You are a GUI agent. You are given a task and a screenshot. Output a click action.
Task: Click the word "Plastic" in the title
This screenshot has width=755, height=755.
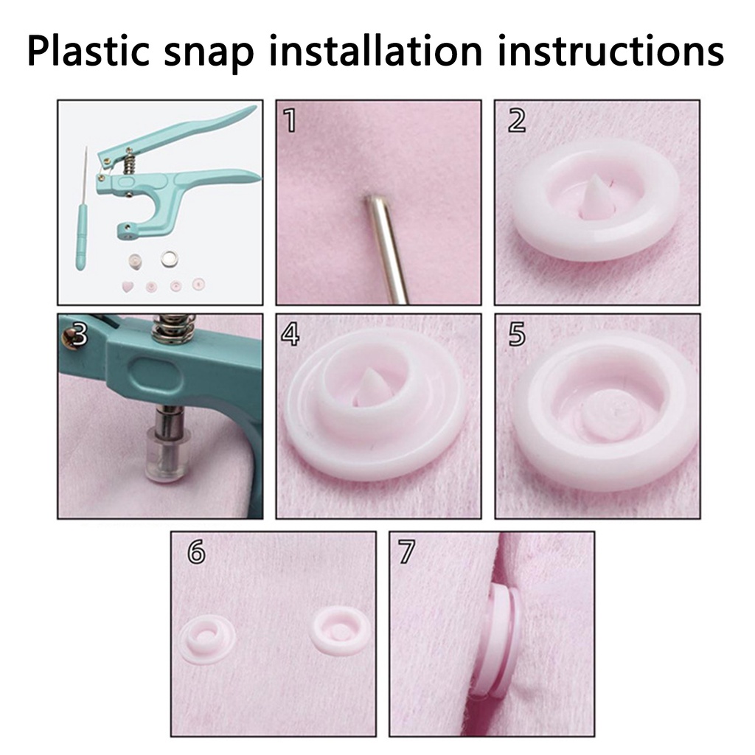tap(88, 50)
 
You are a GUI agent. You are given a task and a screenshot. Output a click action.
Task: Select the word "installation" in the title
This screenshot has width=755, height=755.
tap(375, 50)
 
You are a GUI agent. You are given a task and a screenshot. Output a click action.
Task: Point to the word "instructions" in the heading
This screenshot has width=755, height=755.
tap(610, 50)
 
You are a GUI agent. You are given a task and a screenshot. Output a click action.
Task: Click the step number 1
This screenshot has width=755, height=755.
tap(290, 120)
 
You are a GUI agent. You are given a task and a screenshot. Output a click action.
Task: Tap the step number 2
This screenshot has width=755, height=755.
tap(517, 120)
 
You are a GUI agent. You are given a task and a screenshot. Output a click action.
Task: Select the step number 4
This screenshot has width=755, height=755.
tap(290, 334)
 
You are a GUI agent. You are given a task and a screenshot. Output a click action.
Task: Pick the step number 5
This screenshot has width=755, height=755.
tap(517, 334)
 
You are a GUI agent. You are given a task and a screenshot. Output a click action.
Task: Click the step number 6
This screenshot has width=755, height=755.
tap(196, 552)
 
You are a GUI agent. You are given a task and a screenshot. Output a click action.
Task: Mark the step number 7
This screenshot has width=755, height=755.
tap(407, 552)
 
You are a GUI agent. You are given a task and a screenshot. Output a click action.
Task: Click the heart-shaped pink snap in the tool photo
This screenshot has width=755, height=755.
tap(128, 288)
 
